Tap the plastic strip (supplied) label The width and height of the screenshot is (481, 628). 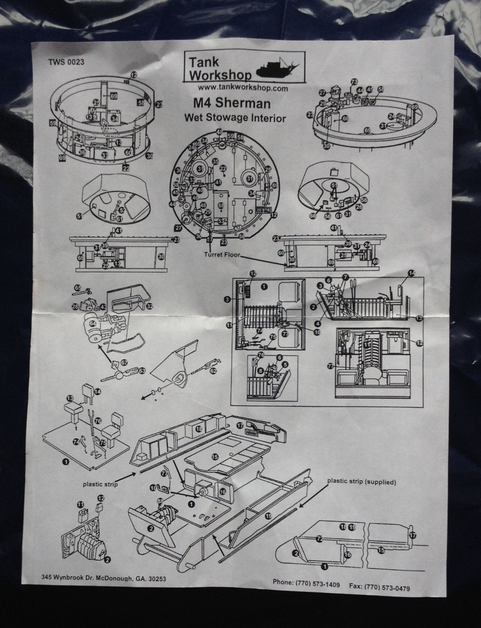(361, 481)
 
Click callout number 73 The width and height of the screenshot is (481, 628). (354, 82)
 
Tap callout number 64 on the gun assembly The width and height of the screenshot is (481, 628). (93, 323)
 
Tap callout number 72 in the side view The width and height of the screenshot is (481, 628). (319, 540)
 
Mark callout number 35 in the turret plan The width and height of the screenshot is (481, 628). (215, 161)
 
